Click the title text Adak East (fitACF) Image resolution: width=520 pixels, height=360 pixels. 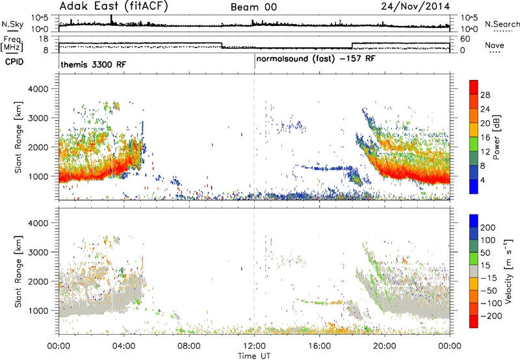114,6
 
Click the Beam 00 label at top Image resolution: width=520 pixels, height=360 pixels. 253,7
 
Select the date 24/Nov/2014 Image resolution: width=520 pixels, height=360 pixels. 415,6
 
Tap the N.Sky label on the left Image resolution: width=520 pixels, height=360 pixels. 12,24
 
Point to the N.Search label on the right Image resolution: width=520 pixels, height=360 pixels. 502,24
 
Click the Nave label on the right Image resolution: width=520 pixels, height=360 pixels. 495,45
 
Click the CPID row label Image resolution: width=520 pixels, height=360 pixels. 14,62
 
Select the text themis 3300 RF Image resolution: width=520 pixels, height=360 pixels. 94,64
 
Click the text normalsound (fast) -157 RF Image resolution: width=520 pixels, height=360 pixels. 316,59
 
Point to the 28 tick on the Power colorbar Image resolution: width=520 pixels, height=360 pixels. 485,95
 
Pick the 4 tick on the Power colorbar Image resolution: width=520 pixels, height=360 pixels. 483,180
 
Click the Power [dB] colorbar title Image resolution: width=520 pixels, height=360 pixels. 496,137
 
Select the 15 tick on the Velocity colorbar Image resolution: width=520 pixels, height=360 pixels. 485,265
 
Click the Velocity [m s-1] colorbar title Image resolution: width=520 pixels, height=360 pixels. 508,271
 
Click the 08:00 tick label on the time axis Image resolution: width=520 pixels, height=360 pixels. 189,346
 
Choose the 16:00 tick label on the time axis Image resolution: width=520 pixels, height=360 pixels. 319,346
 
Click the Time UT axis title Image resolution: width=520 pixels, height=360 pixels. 254,356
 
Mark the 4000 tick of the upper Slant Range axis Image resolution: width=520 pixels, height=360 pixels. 38,89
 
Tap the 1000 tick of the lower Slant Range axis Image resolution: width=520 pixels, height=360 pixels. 38,311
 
